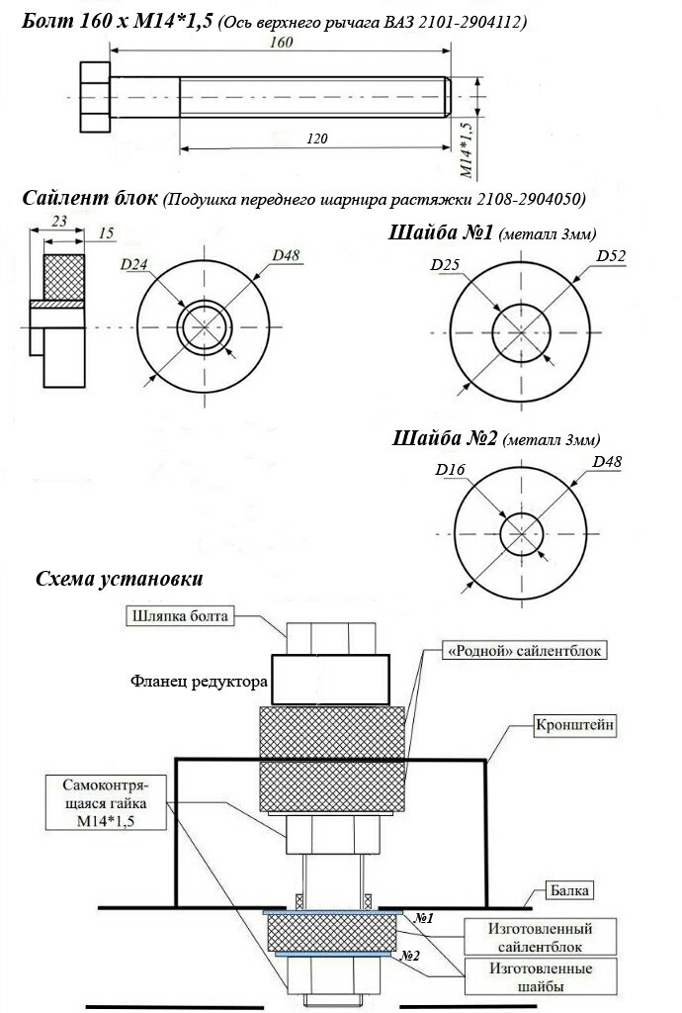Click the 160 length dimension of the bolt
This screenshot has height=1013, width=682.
tap(281, 42)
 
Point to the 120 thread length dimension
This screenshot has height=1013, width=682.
tap(317, 138)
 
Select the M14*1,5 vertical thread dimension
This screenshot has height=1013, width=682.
tap(469, 150)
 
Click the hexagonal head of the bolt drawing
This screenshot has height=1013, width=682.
tap(95, 97)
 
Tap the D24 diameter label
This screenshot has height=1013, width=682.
tap(133, 263)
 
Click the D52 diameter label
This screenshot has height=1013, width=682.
tap(611, 256)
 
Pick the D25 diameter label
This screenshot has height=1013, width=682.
tap(445, 263)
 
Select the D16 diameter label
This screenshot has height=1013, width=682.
tap(450, 470)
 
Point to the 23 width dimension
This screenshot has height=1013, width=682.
tap(59, 221)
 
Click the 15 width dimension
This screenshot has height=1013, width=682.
tap(107, 233)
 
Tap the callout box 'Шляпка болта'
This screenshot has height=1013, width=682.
tap(179, 615)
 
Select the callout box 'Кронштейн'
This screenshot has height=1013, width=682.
tap(574, 725)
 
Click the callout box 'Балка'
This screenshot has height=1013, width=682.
tap(568, 891)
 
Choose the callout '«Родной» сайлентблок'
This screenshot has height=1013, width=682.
tap(524, 651)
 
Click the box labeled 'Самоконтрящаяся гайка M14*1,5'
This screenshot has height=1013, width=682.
tap(104, 803)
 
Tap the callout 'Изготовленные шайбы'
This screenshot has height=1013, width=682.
tap(540, 976)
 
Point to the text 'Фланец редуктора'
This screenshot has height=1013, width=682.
tap(199, 681)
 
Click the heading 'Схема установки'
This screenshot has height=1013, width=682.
tap(119, 579)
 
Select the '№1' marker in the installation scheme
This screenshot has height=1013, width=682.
tap(423, 917)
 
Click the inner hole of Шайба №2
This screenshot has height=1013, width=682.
tap(521, 534)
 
